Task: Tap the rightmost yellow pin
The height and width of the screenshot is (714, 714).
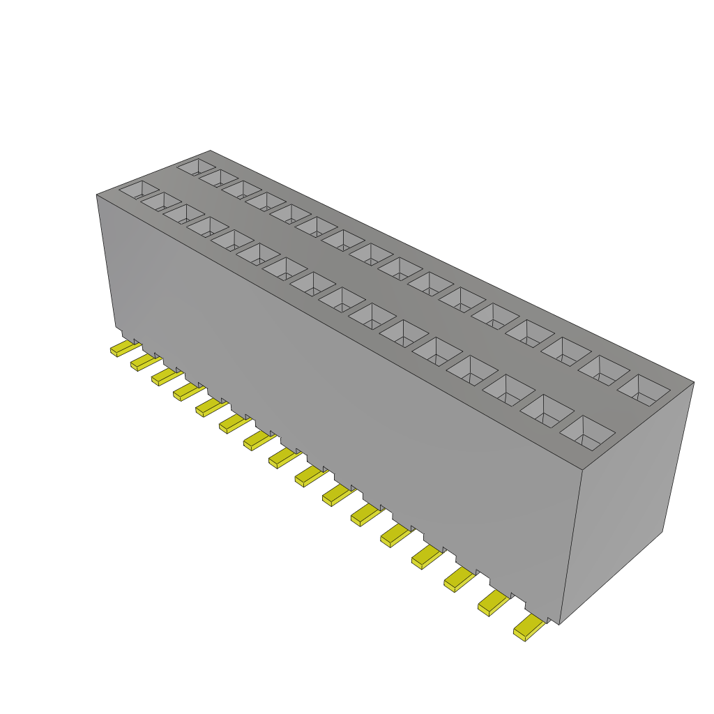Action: coord(529,628)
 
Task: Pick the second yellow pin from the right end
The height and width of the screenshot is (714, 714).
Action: coord(493,603)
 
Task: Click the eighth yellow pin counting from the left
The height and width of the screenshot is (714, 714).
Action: coord(281,457)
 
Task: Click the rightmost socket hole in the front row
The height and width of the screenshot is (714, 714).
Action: coord(587,432)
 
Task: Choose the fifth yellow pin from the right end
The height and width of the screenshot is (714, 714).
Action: coord(395,535)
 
